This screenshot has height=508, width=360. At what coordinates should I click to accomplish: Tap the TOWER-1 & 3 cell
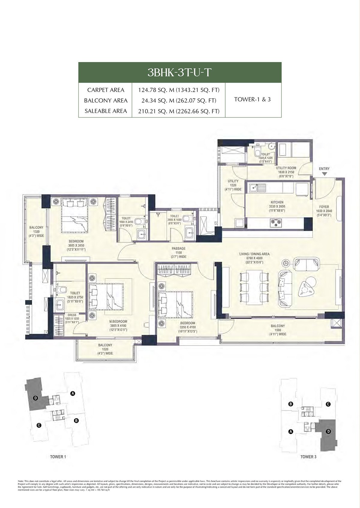pos(253,100)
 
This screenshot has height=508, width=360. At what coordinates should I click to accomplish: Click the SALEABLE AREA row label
pos(106,111)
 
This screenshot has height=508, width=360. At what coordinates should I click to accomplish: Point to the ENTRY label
pos(324,169)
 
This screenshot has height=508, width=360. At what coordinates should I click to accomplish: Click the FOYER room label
pos(324,207)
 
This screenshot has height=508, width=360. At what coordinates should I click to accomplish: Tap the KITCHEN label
pos(276,202)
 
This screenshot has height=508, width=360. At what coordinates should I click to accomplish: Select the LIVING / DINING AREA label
pos(254,254)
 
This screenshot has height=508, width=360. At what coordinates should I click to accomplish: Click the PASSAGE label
pos(178,248)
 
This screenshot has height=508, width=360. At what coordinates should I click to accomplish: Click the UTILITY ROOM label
pos(286,168)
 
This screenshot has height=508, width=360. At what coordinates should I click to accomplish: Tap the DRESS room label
pos(71,315)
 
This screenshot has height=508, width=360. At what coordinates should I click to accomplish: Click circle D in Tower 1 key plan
pos(36,398)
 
